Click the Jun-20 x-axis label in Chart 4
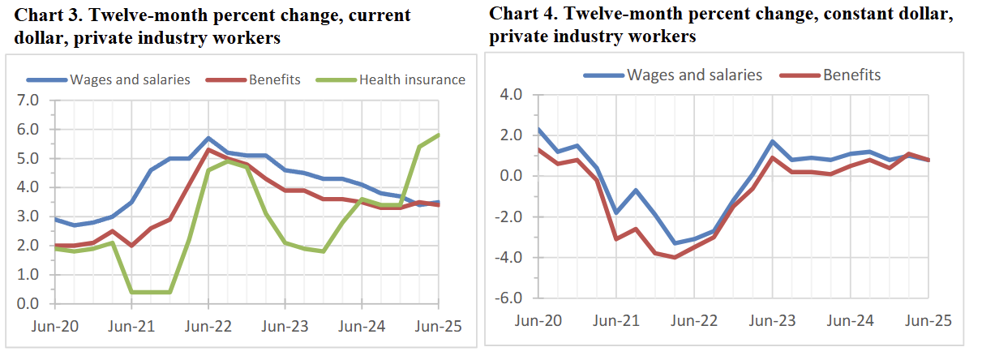(x=538, y=320)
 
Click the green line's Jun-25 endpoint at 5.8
(x=439, y=135)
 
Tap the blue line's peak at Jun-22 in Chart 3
(x=208, y=138)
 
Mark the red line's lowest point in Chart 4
(x=674, y=257)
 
